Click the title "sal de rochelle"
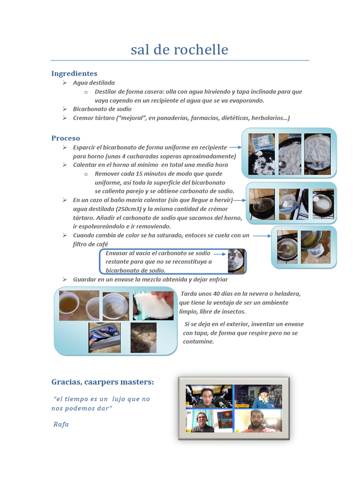(x=180, y=50)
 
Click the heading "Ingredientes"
(x=74, y=74)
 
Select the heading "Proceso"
(x=66, y=138)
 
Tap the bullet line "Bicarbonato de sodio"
(x=102, y=109)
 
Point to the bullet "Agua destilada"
(x=94, y=82)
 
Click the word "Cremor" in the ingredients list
(x=84, y=118)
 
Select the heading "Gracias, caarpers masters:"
(x=102, y=382)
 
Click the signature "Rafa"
(x=61, y=425)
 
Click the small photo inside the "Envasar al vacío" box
(x=236, y=261)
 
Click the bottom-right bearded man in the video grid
(x=257, y=420)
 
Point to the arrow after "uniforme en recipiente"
(x=235, y=147)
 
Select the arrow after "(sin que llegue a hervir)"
(x=240, y=201)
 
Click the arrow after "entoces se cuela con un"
(x=260, y=235)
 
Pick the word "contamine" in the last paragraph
(x=198, y=342)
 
